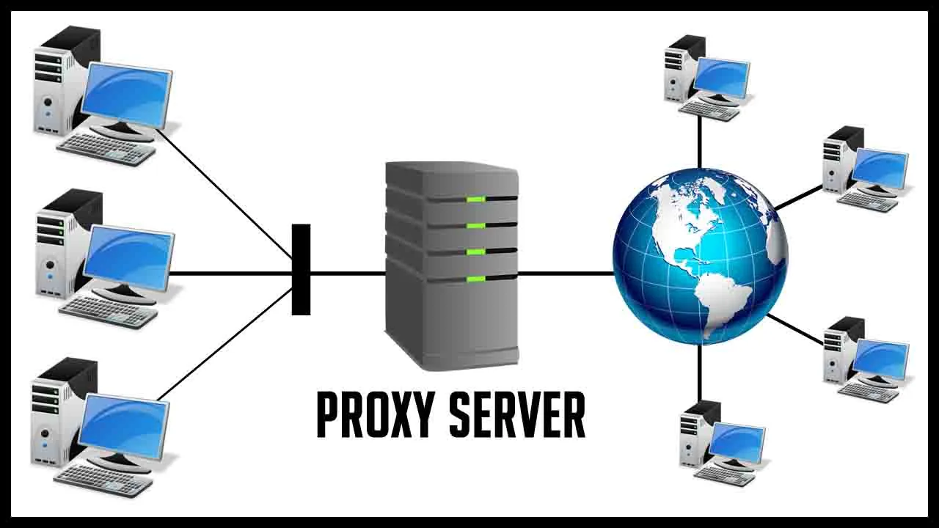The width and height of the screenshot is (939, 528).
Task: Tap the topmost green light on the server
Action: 475,199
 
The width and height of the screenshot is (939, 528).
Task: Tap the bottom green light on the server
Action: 475,279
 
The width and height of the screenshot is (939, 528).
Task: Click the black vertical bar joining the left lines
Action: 301,269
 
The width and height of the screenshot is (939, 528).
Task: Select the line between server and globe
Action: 565,274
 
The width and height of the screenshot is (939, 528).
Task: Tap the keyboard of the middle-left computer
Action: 108,312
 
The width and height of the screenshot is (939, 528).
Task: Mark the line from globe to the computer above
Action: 699,143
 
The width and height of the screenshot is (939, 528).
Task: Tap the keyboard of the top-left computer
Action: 106,149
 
